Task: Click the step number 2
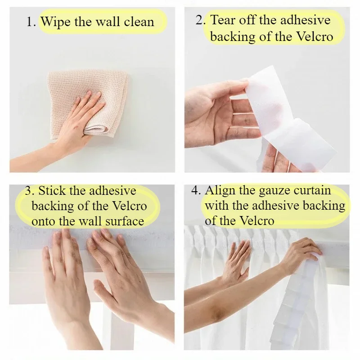201,20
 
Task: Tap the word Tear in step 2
223,20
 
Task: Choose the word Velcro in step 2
314,36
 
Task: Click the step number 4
196,190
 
